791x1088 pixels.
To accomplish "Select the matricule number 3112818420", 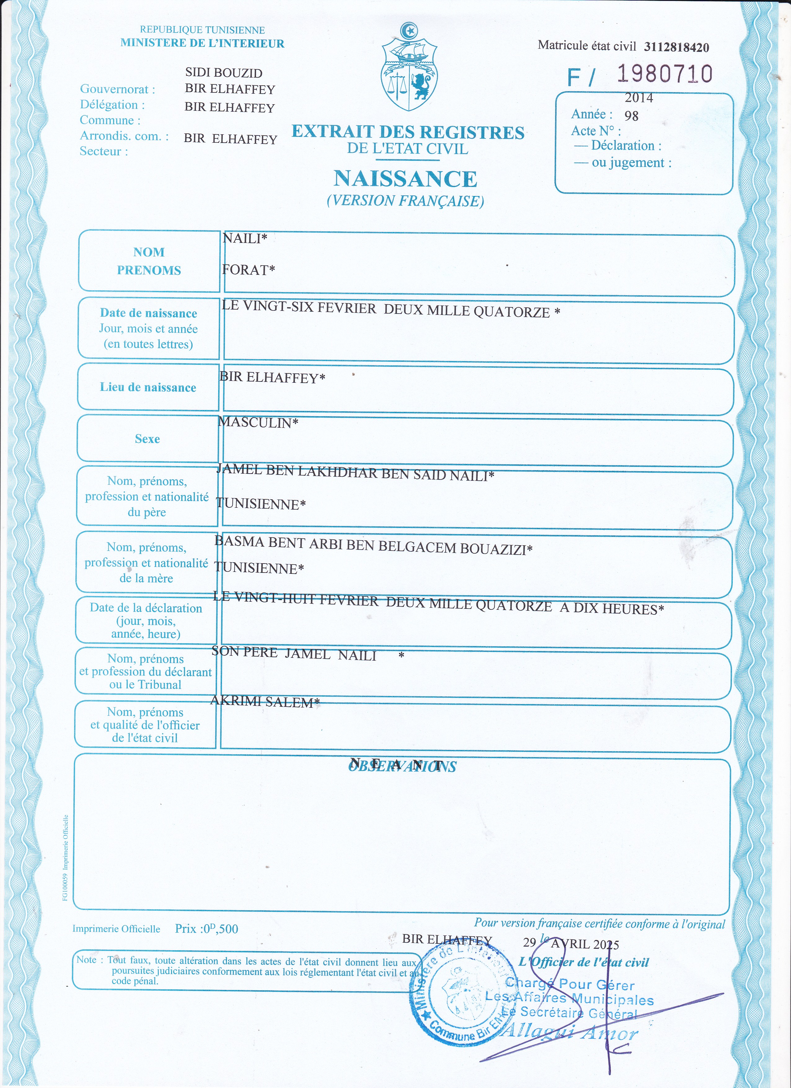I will click(676, 47).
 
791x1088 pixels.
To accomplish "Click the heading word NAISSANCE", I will click(405, 179).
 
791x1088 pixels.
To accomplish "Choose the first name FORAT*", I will click(248, 270).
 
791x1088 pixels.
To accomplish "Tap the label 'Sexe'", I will click(147, 439).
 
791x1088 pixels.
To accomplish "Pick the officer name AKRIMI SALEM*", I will click(265, 702).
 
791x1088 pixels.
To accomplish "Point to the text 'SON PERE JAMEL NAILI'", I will click(294, 653).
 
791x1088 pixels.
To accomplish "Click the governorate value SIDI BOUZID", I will click(223, 73).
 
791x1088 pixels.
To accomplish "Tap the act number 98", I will click(631, 116).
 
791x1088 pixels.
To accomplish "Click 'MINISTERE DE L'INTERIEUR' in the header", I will click(202, 43).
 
